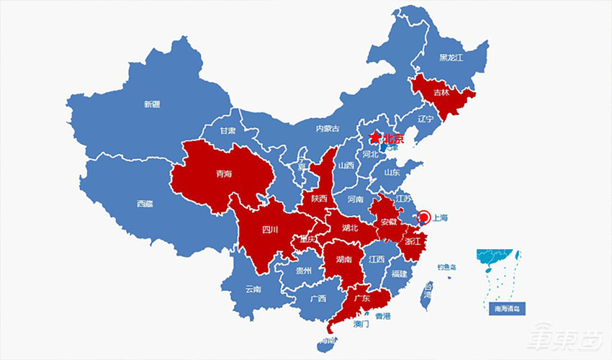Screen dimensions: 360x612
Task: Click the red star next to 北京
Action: pos(374,138)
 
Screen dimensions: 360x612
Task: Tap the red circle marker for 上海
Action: pos(423,217)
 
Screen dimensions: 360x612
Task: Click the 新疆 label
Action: pos(151,104)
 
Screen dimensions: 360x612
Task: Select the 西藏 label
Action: pos(145,203)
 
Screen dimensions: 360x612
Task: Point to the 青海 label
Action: pos(224,174)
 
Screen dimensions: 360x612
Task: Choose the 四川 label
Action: pos(269,230)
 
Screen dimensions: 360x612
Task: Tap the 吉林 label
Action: pos(441,94)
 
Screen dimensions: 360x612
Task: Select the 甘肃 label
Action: pos(228,131)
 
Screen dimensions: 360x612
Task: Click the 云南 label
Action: pos(253,289)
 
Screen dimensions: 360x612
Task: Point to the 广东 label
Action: pos(361,298)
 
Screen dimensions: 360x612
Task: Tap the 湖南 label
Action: pos(343,259)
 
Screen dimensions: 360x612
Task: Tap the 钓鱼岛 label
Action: pos(446,268)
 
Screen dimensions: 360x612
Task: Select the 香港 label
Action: pos(383,316)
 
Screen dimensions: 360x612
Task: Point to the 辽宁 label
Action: pos(426,119)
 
